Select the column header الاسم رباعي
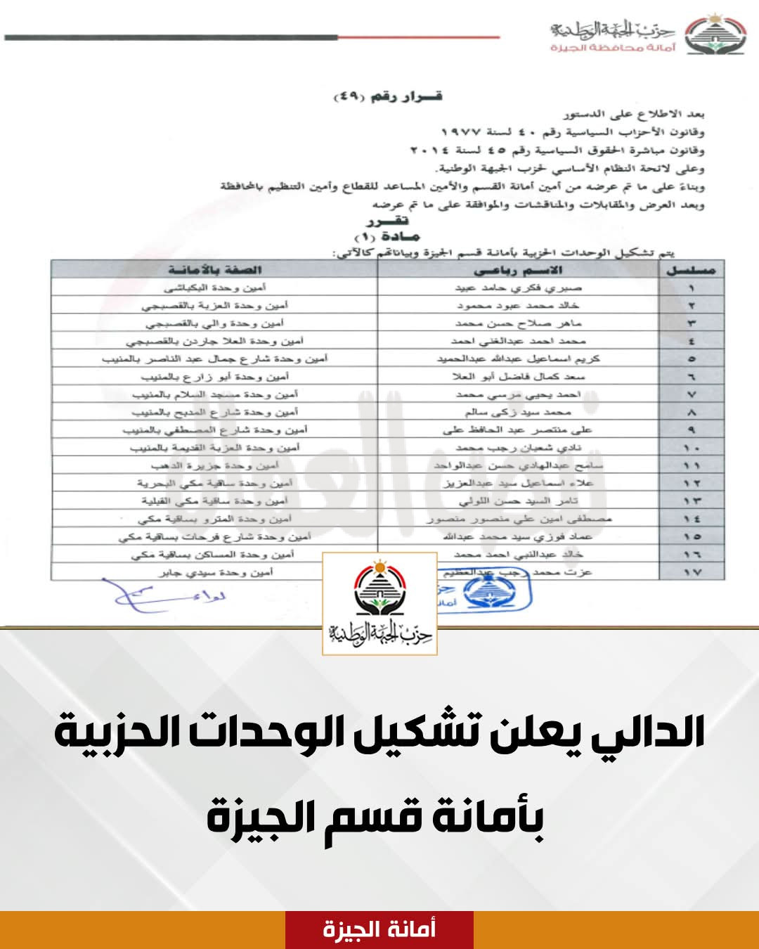tap(518, 270)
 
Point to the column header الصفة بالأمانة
tap(214, 270)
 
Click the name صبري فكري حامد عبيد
tap(518, 288)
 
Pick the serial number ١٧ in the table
tap(692, 572)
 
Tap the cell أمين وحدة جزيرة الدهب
tap(214, 465)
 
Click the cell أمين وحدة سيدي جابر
tap(216, 572)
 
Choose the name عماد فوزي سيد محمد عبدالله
tap(518, 536)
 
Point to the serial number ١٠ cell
tap(692, 448)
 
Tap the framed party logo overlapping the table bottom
tap(379, 604)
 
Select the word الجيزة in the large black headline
tap(254, 818)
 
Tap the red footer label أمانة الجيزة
tap(379, 929)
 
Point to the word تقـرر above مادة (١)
tap(391, 221)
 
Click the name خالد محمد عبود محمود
tap(518, 306)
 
